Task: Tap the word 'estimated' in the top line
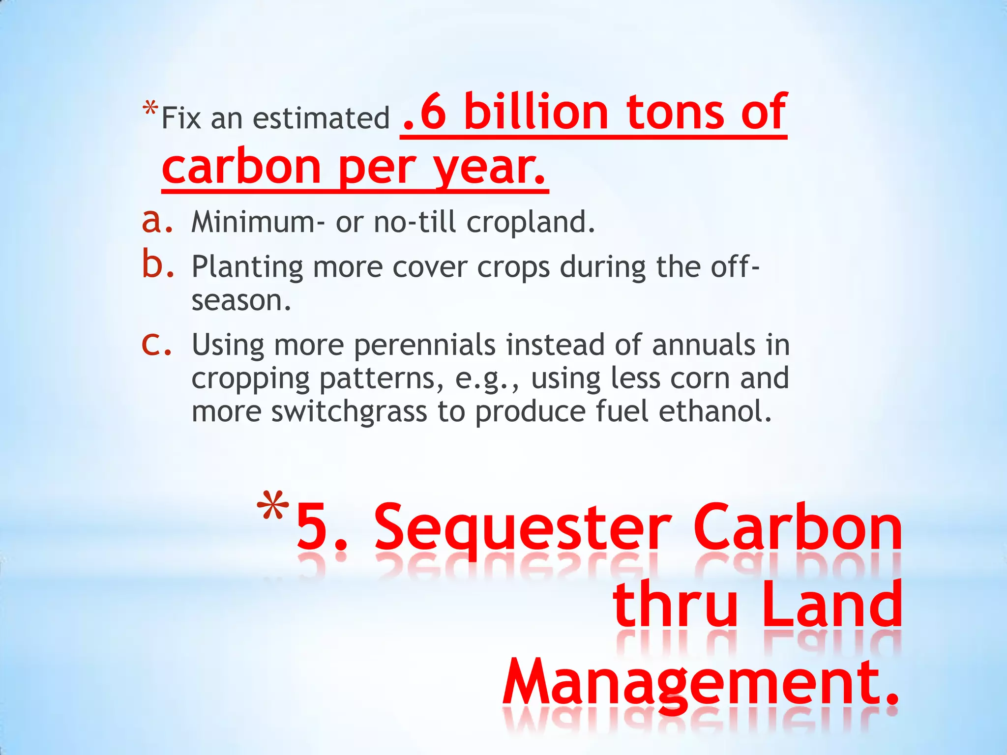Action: [x=321, y=118]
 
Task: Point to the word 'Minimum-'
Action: [x=258, y=222]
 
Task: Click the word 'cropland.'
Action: [x=531, y=222]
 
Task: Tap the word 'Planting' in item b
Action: [x=247, y=267]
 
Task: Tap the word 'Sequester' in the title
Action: [x=523, y=528]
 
